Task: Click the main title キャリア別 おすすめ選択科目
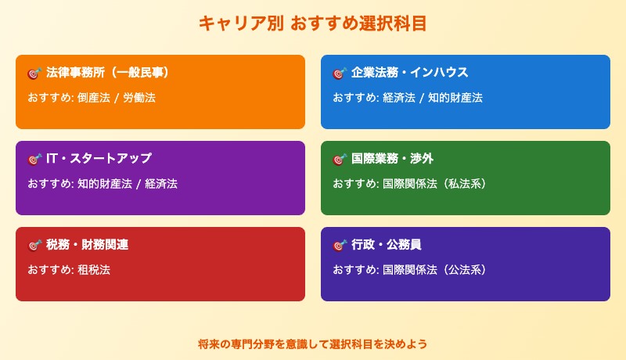313,23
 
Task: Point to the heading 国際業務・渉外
392,159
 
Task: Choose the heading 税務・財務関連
87,245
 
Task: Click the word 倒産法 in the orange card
92,98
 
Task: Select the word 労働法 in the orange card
139,98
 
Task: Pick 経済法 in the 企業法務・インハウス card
398,98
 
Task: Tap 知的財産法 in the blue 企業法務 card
455,98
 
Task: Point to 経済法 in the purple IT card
161,184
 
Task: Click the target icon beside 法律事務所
34,73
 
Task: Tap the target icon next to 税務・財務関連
34,245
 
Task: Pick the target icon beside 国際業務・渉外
339,159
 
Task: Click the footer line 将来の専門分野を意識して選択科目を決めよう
313,344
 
